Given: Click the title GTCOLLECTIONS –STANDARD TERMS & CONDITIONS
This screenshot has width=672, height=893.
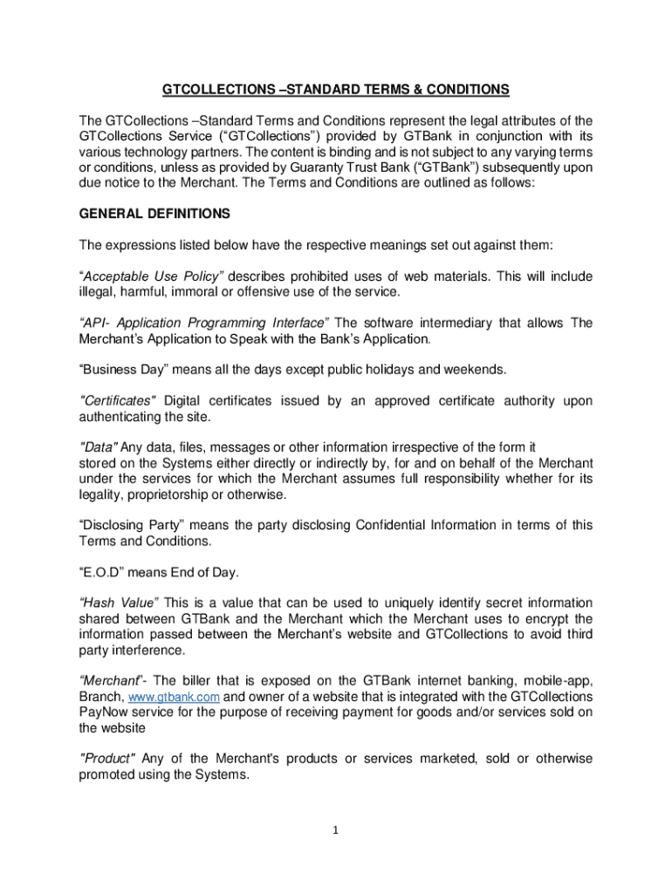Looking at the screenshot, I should tap(336, 90).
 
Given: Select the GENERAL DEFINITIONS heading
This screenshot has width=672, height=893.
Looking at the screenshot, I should tap(154, 213).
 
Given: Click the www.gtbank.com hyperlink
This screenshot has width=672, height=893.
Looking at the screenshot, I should tap(174, 698).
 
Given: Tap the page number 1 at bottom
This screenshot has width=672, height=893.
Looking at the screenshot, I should tap(336, 830).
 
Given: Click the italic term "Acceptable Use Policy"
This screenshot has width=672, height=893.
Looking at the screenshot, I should tap(153, 276).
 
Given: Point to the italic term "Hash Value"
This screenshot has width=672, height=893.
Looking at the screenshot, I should tap(119, 603).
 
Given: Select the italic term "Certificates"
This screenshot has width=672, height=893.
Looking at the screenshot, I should tap(118, 401).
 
